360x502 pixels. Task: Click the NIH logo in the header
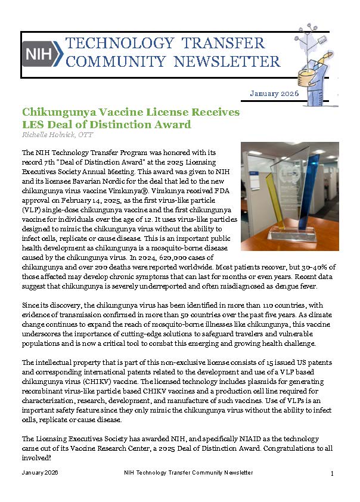point(42,54)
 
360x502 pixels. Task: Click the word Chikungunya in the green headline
point(60,113)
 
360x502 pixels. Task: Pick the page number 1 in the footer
point(331,473)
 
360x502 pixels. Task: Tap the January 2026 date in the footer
point(39,473)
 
